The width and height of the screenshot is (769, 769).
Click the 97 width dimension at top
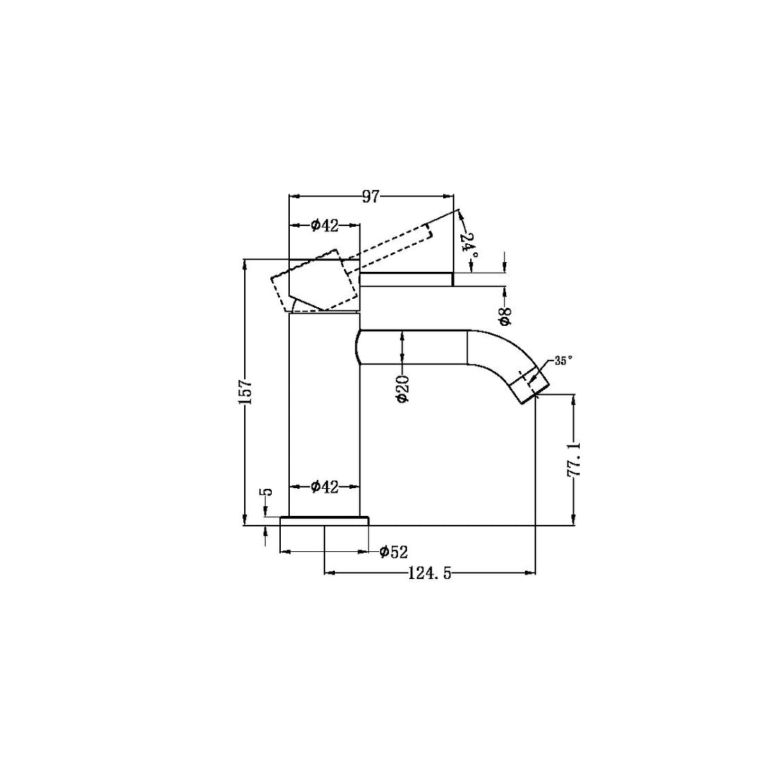[x=370, y=197]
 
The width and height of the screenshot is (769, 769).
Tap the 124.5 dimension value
[x=429, y=574]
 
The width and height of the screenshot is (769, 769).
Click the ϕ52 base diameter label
[x=394, y=553]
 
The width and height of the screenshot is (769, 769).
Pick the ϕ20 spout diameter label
[x=403, y=389]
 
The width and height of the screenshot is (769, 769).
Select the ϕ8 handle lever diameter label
[x=505, y=315]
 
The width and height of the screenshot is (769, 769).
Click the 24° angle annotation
[x=469, y=247]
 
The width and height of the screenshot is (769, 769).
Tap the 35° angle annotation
[x=563, y=360]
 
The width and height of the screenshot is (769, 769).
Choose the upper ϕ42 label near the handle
[x=324, y=225]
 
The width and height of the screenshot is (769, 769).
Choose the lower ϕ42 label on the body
[x=324, y=487]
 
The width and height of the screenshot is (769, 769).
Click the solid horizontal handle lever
[x=406, y=279]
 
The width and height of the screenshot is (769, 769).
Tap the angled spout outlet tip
[x=530, y=384]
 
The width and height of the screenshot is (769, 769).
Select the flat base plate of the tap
[x=324, y=521]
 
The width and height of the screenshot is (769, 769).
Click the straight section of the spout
[x=413, y=348]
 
